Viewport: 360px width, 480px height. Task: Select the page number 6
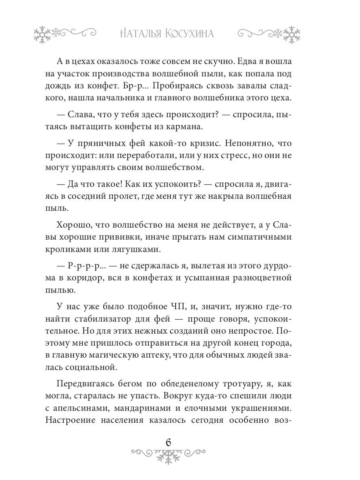point(168,443)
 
